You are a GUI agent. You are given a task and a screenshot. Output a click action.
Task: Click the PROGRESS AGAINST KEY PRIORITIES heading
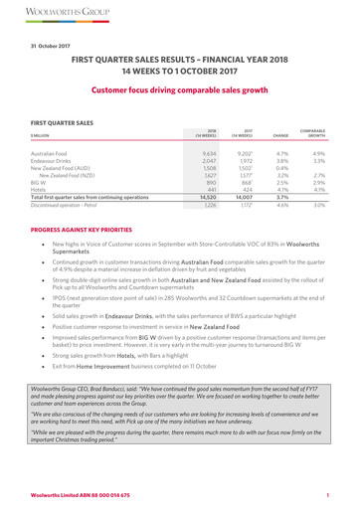pyautogui.click(x=95, y=295)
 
